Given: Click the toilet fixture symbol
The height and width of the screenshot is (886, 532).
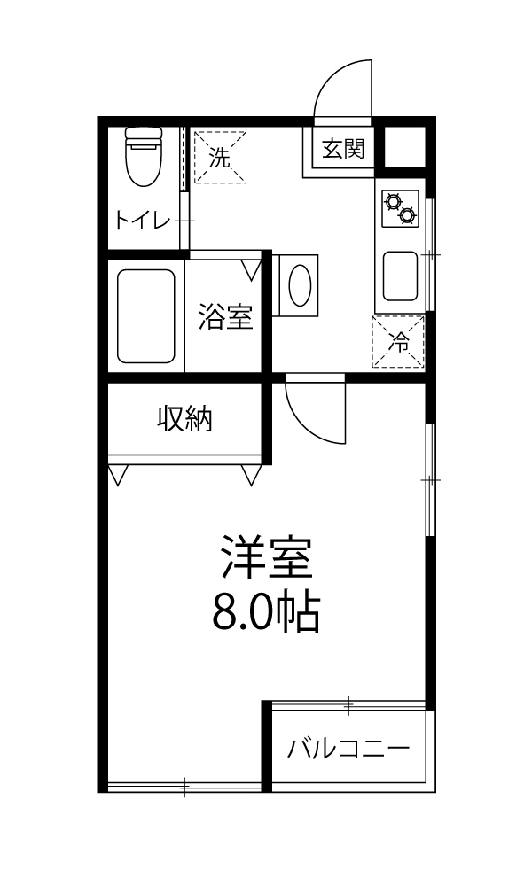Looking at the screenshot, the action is click(x=144, y=157).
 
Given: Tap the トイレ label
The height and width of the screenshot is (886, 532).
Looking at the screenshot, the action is click(x=143, y=220).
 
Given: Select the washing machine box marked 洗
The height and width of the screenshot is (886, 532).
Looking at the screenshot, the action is click(x=221, y=157).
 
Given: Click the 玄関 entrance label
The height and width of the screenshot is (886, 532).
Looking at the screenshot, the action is click(x=343, y=149).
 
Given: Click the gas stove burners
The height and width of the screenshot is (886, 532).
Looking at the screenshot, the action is click(x=400, y=208).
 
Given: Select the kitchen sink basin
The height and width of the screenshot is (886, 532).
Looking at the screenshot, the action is click(x=400, y=276).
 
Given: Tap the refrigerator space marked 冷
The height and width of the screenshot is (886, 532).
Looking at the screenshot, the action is click(x=398, y=341).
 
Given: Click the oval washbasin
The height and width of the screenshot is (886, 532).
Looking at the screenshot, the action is click(x=300, y=284).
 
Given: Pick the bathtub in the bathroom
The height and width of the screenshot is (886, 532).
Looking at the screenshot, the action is click(x=146, y=316).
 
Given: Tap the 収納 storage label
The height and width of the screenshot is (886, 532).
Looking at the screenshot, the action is click(x=184, y=419).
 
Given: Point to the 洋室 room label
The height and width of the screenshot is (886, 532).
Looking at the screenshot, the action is click(x=268, y=556).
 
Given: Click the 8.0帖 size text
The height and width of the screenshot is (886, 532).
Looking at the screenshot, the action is click(x=267, y=612).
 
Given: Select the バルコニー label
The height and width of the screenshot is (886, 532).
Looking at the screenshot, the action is click(x=348, y=749).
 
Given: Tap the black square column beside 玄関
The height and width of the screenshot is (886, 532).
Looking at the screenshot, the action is click(x=405, y=147).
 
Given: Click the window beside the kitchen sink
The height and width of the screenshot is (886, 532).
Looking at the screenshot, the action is click(x=431, y=254).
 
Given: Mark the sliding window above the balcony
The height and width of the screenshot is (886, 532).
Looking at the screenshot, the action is click(x=348, y=704).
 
